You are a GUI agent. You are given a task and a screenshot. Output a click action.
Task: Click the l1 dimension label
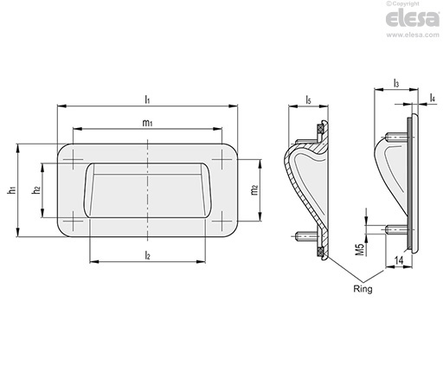tap(147, 99)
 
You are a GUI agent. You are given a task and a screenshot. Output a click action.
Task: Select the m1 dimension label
tap(147, 123)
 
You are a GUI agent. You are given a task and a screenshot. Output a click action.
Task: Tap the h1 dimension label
tap(11, 190)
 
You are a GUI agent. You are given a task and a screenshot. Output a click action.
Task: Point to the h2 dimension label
tap(36, 189)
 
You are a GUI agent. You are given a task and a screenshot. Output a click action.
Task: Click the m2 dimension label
tap(254, 190)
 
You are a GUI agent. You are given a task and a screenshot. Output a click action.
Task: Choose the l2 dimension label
tap(147, 254)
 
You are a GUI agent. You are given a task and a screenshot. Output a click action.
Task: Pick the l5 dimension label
tap(308, 100)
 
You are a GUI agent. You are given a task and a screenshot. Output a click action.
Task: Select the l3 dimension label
tap(396, 83)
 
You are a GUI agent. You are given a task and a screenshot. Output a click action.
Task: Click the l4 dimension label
tap(432, 98)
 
